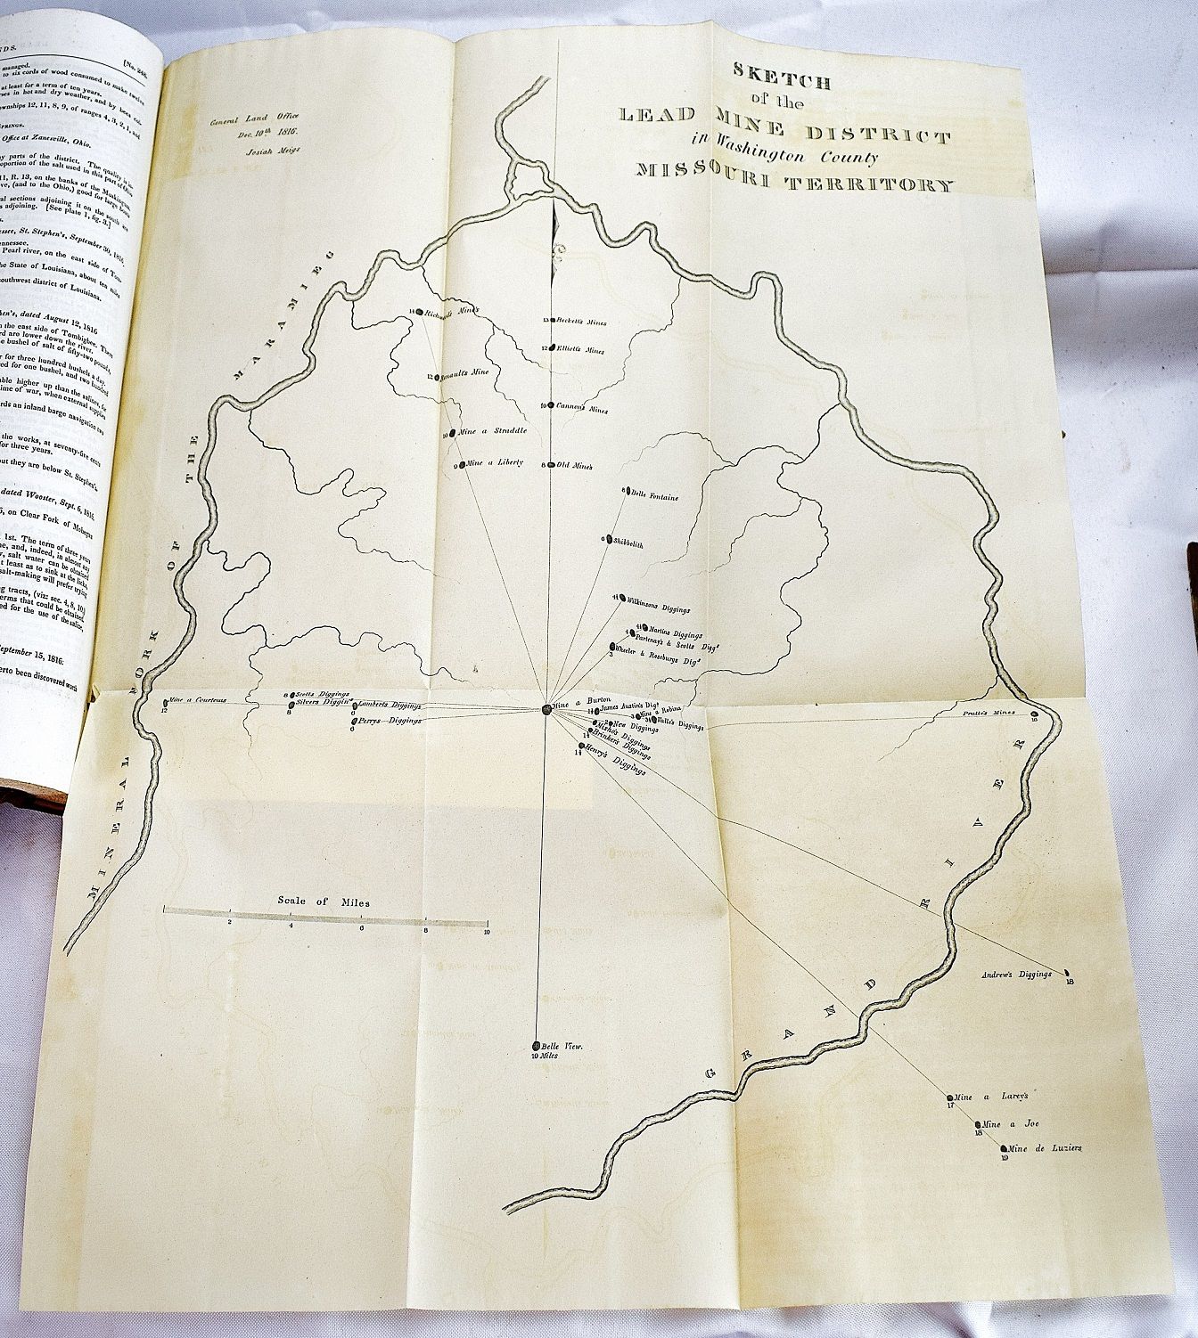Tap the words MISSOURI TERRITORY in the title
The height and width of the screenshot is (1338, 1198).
click(795, 184)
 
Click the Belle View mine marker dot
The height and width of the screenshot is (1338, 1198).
click(537, 1046)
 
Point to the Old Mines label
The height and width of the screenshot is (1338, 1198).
click(575, 465)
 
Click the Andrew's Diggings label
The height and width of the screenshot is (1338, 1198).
click(1016, 975)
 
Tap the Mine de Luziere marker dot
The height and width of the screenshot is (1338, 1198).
click(1005, 1149)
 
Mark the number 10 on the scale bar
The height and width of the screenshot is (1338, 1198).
click(487, 932)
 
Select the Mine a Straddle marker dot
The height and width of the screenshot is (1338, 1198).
click(453, 433)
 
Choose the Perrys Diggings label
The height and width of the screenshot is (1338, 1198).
click(390, 720)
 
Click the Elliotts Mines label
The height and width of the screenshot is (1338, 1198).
click(580, 350)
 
